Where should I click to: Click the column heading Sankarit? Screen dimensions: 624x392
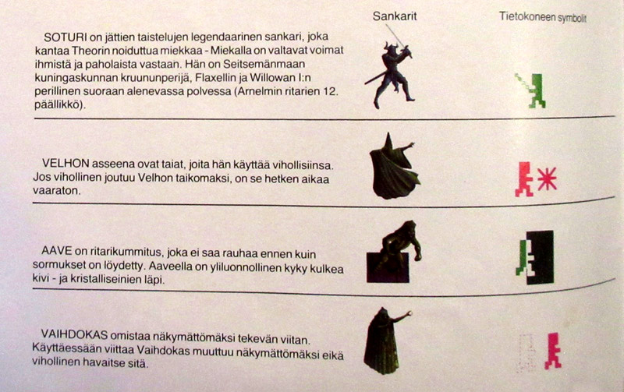click(x=395, y=16)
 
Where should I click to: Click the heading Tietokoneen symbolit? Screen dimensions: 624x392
click(x=543, y=17)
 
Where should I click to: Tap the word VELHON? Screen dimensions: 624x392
click(x=66, y=164)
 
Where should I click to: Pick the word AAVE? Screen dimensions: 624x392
click(x=56, y=251)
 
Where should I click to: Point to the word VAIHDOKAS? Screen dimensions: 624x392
click(x=74, y=335)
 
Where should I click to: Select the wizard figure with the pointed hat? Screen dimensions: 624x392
click(x=394, y=167)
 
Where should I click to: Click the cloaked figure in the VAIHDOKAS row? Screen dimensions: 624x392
click(x=384, y=341)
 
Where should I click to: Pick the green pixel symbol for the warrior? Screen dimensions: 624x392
click(x=531, y=90)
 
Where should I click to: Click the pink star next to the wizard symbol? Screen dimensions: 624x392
click(x=548, y=179)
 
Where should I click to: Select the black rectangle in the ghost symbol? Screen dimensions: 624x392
click(x=541, y=257)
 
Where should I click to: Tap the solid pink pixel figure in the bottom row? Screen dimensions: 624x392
click(x=553, y=351)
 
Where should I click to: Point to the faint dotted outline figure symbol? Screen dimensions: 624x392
click(x=526, y=353)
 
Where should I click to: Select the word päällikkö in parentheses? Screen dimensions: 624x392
click(x=58, y=105)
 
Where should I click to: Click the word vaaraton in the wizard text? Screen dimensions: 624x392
click(x=56, y=190)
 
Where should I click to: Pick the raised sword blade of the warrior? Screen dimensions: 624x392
click(x=395, y=37)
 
